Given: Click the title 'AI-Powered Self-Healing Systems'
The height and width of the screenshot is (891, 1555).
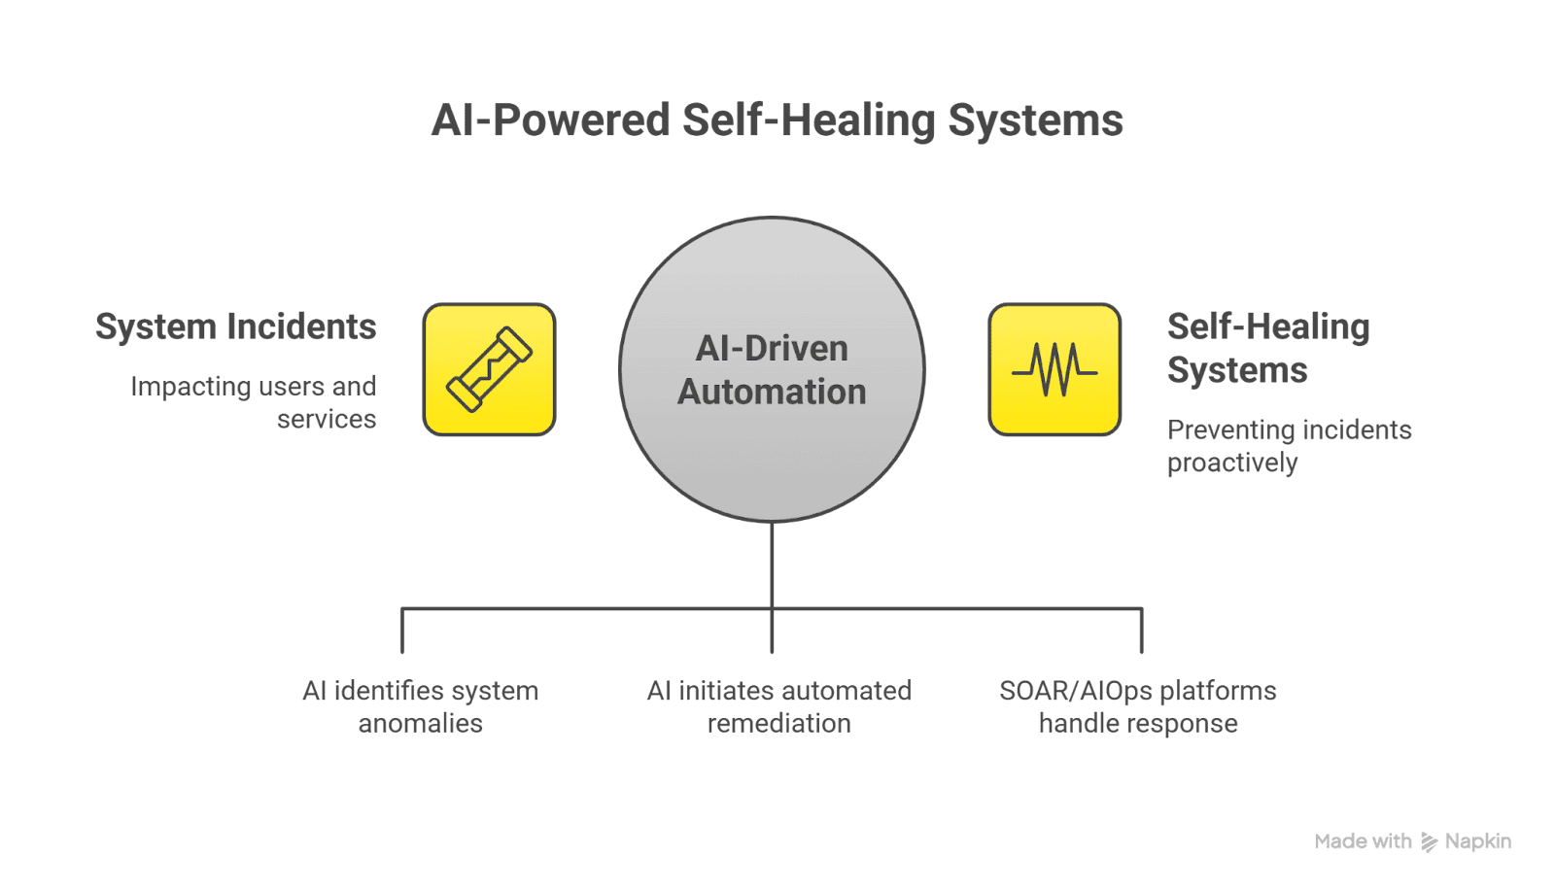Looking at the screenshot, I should click(777, 121).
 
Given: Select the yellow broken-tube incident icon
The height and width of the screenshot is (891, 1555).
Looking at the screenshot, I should click(489, 369).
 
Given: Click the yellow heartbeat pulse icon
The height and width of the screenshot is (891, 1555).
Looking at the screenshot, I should click(1054, 369).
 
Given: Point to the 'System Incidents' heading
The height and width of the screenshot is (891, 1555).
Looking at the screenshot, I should click(235, 327).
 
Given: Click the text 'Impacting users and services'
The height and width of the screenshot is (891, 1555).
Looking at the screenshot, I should click(255, 402).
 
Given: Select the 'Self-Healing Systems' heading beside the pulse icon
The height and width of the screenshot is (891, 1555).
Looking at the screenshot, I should click(1267, 348).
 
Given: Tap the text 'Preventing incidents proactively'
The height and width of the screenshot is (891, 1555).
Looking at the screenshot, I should click(1288, 446).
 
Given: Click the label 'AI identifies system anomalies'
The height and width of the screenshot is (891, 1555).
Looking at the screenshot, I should click(420, 706).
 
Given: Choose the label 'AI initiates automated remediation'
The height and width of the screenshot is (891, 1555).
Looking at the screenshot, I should click(778, 706).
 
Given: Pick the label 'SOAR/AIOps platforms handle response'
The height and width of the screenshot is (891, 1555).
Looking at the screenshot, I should click(1137, 706).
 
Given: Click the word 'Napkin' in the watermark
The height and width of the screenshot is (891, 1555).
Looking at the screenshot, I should click(1477, 841).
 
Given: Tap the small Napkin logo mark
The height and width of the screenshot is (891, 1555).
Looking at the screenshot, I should click(1429, 841).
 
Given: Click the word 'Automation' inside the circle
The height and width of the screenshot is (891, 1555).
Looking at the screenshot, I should click(772, 392).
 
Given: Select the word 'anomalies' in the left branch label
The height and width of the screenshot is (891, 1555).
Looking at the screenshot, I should click(420, 724).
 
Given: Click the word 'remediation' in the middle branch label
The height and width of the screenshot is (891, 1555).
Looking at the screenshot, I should click(778, 724).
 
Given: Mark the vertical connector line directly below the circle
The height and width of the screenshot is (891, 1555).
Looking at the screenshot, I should click(772, 564).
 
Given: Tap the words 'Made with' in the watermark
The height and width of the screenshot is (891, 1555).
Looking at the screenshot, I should click(1363, 841).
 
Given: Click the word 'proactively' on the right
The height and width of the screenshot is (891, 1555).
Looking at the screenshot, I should click(1231, 463).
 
